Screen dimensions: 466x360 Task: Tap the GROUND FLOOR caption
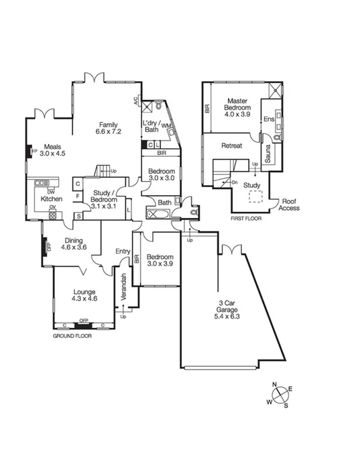pos(72,335)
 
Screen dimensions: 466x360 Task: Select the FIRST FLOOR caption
pos(246,218)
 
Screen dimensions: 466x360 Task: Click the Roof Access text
pos(290,204)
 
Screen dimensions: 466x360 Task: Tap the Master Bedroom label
pos(237,104)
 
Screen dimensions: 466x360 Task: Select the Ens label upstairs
pos(268,119)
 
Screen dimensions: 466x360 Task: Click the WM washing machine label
pos(166,125)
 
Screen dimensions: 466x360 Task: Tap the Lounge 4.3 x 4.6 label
pos(84,296)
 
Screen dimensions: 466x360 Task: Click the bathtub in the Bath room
pos(158,214)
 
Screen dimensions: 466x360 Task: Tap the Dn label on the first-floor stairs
pos(234,182)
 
